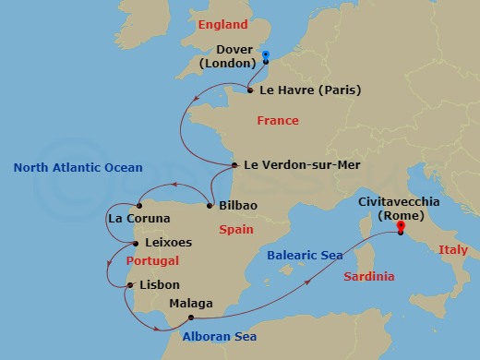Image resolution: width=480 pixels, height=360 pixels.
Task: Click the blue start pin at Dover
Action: pos(266,56)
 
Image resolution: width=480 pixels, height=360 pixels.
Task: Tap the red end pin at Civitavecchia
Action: pos(401,227)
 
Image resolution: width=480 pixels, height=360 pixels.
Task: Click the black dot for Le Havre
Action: pos(250,90)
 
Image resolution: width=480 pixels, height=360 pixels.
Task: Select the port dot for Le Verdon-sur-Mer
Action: pos(235,166)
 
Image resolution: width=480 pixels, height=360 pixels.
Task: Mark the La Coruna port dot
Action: pos(138,205)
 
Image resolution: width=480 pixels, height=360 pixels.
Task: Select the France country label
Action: pos(278,121)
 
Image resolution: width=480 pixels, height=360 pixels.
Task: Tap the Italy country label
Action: pos(453,249)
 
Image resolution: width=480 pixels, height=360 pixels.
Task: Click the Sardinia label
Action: pos(368,276)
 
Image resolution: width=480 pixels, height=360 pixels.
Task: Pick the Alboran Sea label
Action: pos(219,337)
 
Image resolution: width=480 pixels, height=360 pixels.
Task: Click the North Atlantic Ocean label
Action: pos(78,167)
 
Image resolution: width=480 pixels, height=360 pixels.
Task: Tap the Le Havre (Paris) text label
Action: pos(310,90)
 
